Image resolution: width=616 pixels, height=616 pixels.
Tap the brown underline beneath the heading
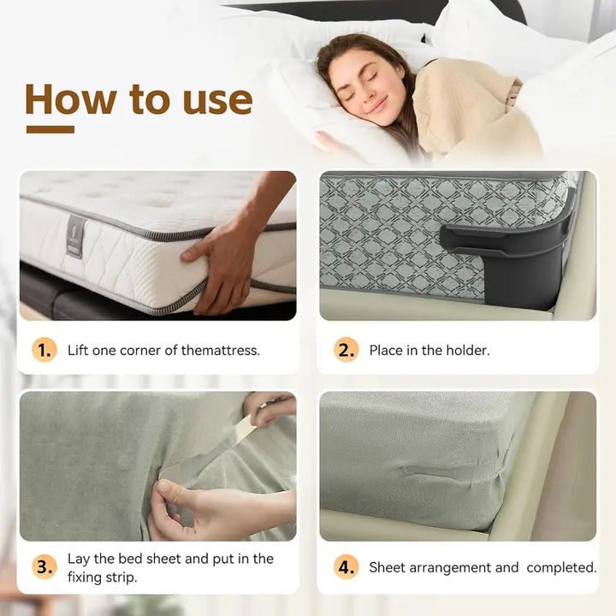(x=50, y=129)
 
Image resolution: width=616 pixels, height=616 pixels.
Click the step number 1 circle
(x=44, y=350)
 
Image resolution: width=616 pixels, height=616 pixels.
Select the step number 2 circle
(x=346, y=350)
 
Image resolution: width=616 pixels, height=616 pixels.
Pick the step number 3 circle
(x=44, y=566)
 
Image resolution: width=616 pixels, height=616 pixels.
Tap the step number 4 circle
(x=346, y=567)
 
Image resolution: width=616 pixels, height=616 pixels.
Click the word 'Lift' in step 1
(x=78, y=350)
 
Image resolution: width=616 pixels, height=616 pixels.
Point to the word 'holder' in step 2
(x=467, y=350)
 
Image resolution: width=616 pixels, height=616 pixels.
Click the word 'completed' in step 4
(x=561, y=567)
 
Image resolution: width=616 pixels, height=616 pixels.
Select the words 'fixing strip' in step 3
(x=104, y=577)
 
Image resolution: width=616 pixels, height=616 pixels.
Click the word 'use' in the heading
(x=217, y=99)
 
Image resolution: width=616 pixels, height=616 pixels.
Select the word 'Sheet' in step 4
(x=388, y=567)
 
